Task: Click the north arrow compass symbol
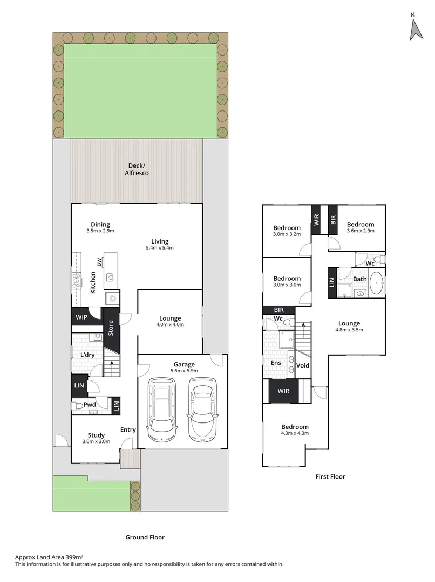coord(416,27)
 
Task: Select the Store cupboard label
coord(111,328)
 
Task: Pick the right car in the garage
coord(202,408)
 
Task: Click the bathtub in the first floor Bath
coord(377,283)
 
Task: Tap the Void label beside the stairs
coord(303,366)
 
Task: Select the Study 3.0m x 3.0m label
coord(96,438)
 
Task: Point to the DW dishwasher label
coord(100,262)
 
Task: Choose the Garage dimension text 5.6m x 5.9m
coord(184,371)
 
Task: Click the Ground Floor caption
coord(145,537)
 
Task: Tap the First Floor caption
coord(330,476)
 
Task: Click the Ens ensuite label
coord(276,363)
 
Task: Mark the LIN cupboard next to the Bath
coord(332,282)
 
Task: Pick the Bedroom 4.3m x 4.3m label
coord(294,429)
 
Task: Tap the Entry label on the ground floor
coord(128,429)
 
